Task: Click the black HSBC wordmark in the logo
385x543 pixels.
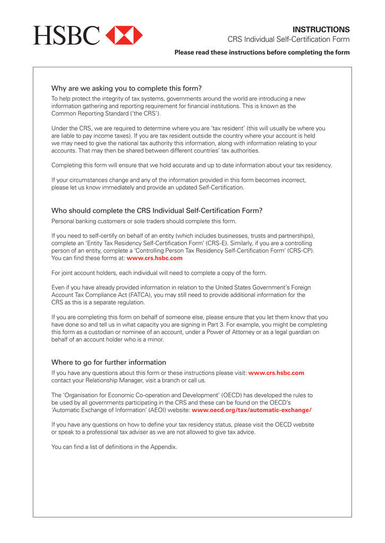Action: click(66, 35)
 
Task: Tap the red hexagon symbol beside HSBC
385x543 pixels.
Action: click(124, 35)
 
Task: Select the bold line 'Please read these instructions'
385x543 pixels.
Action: click(262, 52)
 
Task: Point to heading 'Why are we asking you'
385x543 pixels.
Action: click(126, 88)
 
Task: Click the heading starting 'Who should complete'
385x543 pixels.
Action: click(157, 211)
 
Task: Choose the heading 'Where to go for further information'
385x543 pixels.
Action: click(108, 362)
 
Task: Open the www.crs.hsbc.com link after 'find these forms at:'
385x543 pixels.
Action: click(155, 258)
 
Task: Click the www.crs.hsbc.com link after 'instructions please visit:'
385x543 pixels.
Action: click(276, 373)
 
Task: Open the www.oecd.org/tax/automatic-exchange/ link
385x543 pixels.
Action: click(251, 410)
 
